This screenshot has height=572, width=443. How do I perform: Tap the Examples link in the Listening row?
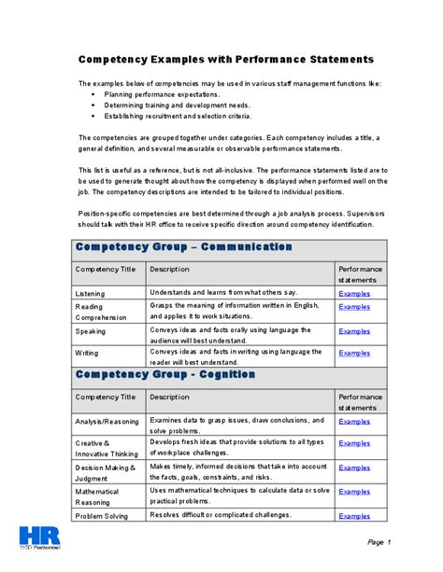tap(354, 293)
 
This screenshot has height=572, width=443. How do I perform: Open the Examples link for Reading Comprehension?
tap(354, 306)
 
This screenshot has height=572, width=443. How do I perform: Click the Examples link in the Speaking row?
tap(354, 330)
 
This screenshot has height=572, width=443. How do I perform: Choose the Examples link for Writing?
tap(354, 353)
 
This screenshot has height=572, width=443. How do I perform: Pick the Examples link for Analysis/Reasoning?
tap(354, 421)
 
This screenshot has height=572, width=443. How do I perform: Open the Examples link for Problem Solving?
tap(354, 515)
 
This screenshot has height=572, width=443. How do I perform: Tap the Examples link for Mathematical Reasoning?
tap(354, 491)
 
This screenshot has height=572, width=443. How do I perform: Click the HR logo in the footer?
tap(40, 540)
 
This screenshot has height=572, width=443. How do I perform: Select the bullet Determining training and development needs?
tap(176, 105)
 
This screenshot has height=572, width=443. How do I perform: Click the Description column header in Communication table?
tap(169, 269)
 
